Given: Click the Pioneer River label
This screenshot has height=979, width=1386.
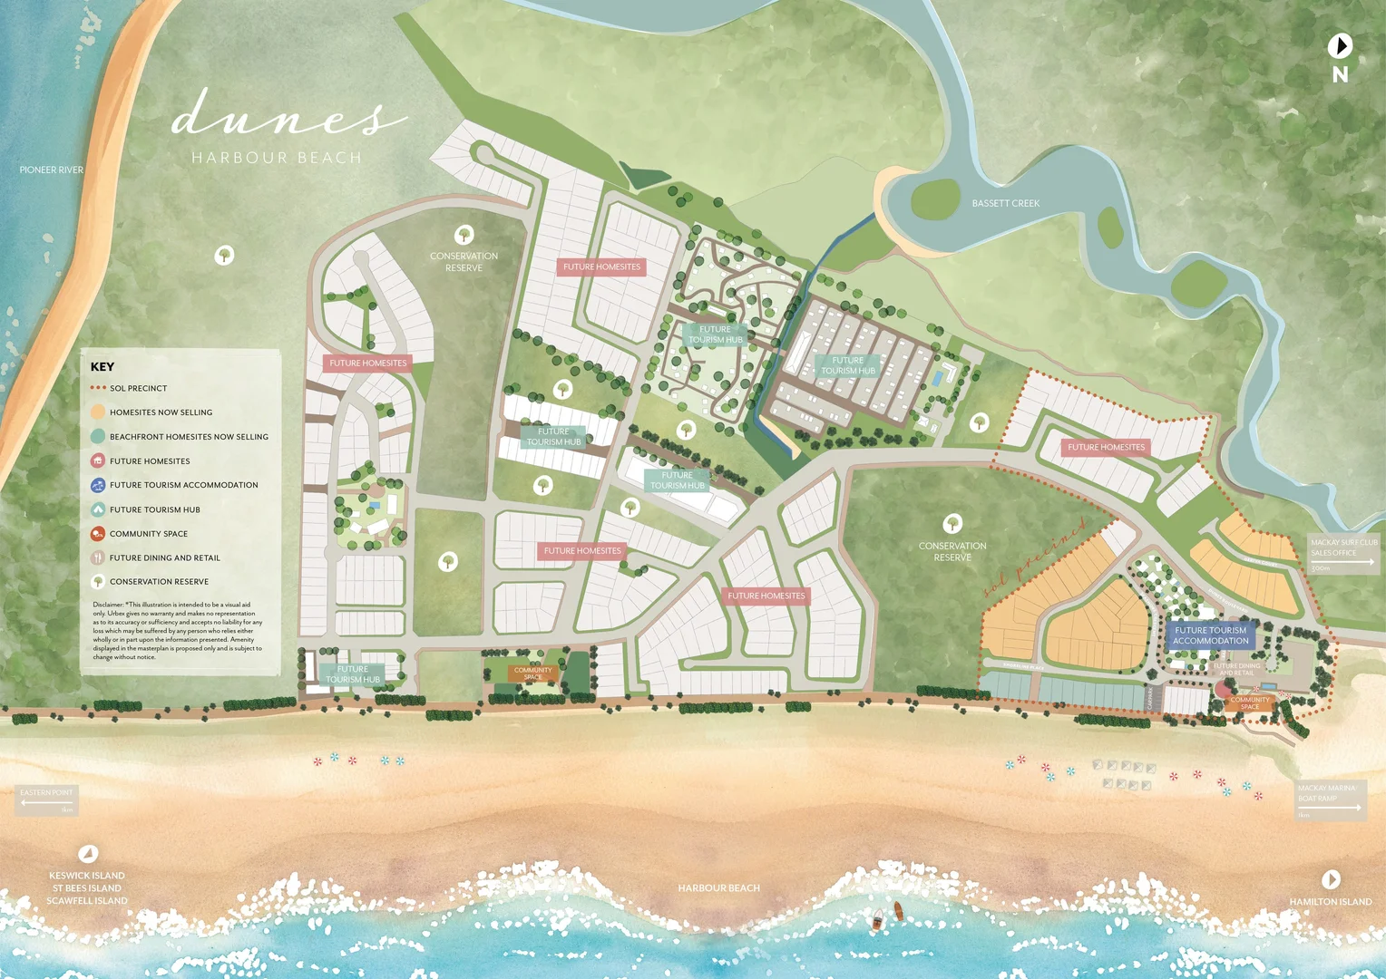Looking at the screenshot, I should click(51, 170).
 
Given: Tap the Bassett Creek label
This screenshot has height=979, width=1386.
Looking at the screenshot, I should click(1005, 203).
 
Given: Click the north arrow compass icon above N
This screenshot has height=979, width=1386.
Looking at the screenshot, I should click(1340, 45).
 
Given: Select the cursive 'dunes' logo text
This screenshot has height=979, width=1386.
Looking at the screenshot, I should click(288, 116).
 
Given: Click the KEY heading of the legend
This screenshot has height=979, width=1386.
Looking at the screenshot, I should click(102, 366).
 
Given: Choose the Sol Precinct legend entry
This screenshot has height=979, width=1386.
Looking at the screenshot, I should click(138, 388).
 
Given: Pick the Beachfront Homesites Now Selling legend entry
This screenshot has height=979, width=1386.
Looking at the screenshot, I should click(189, 437).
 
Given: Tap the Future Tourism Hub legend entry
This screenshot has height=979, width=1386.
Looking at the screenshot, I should click(154, 509).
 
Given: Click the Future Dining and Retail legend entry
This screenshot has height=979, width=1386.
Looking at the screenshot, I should click(164, 557).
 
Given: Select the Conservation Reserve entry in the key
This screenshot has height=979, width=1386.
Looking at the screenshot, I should click(159, 582).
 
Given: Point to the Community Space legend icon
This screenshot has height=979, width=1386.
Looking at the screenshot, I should click(98, 534).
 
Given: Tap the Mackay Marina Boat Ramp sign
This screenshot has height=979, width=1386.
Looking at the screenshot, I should click(1330, 800).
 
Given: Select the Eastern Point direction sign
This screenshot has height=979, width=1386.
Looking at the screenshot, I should click(47, 799).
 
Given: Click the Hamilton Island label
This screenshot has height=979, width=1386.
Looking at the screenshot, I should click(1331, 902).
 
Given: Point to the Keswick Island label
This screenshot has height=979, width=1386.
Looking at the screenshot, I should click(87, 876).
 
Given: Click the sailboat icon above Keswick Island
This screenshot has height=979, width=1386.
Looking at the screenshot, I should click(88, 853).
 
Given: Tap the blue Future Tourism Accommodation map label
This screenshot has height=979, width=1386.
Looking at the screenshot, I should click(1210, 635).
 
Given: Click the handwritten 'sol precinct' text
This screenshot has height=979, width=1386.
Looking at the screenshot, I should click(1035, 558).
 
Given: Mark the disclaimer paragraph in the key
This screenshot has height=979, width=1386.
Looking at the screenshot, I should click(178, 631).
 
